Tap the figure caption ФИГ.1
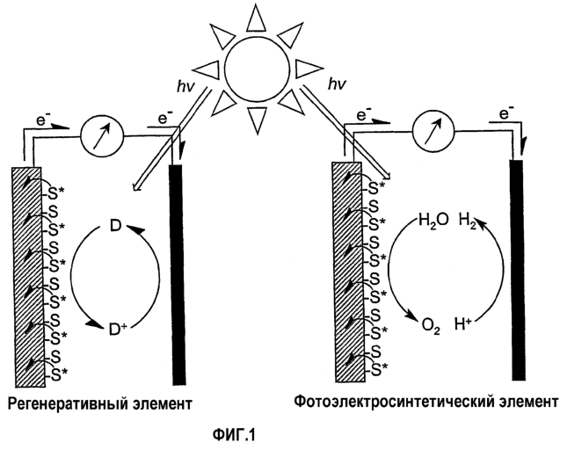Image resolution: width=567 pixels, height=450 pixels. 234,435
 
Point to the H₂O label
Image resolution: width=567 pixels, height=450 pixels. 433,220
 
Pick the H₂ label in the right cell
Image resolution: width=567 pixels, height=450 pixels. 467,220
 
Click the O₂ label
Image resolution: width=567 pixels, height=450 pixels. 431,326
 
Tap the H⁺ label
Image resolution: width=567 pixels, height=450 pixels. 462,324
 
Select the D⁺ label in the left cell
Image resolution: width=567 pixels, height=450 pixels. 119,329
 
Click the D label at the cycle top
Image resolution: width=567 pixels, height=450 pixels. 115,227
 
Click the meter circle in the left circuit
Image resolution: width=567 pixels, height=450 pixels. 102,136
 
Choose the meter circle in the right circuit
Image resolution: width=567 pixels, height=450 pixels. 433,130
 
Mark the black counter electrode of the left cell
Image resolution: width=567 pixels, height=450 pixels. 178,275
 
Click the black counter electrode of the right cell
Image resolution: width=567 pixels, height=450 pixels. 517,270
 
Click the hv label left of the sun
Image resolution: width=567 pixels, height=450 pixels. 186,87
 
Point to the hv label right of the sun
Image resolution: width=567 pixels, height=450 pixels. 338,83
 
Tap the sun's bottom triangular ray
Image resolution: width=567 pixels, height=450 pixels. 258,120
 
